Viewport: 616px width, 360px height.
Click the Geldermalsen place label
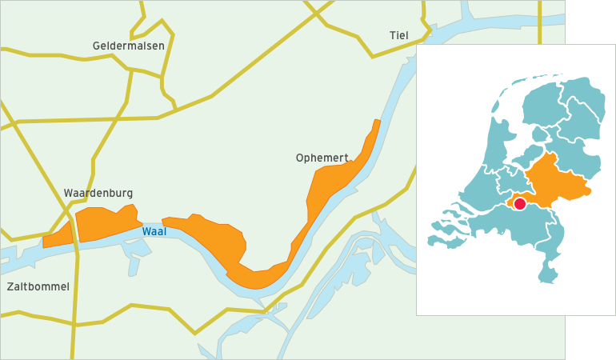tap(128, 46)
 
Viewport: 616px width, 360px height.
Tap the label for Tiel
tap(398, 35)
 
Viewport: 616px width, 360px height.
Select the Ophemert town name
tap(322, 158)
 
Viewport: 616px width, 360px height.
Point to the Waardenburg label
tap(98, 193)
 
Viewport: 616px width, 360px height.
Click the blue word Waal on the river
tap(154, 231)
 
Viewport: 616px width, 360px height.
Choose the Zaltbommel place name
tap(38, 286)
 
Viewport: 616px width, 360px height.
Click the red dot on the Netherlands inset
tap(519, 204)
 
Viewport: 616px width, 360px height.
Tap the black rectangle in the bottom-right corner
tap(590, 338)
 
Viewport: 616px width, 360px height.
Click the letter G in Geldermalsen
tap(97, 46)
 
